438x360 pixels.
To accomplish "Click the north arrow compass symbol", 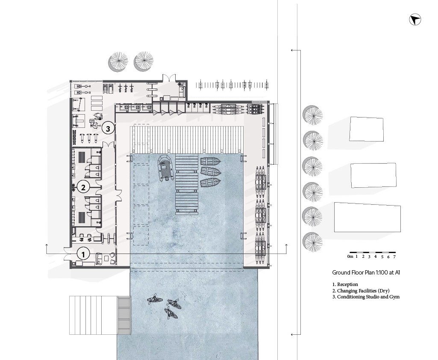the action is coord(415,20).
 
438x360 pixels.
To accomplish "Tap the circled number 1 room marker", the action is coord(83,254).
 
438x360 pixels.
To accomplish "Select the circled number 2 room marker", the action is coord(83,187).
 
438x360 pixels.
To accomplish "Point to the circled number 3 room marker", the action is coord(108,128).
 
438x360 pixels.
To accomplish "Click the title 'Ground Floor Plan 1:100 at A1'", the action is coord(366,272).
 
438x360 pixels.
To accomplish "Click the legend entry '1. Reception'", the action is coord(345,284).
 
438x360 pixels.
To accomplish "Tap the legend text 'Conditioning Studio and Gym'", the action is coord(368,297).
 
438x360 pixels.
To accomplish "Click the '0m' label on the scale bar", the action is coord(350,256).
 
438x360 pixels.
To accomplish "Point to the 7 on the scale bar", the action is coord(394,257).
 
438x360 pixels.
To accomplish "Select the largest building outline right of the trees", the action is coord(367,218).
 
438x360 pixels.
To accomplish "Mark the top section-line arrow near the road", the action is coord(296,50).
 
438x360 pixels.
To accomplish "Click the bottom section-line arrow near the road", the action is coord(296,334).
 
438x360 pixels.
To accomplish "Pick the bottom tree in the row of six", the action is coord(312,242).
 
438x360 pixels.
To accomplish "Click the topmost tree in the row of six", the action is coord(312,115).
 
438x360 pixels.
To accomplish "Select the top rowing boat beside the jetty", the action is coord(210,162).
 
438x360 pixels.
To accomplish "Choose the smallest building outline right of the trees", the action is coord(366,129).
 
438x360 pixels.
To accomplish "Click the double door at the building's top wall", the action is coord(169,79).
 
